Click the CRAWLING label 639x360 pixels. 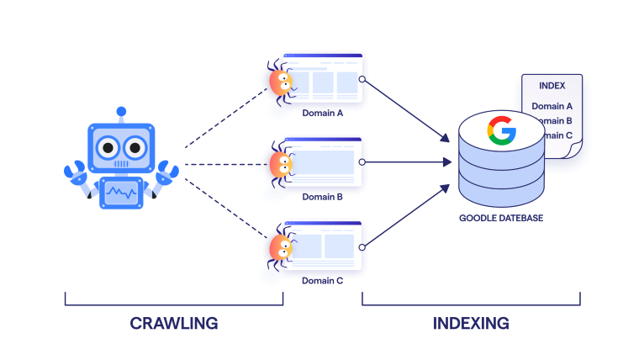[x=173, y=323]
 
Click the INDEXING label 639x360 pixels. [x=471, y=323]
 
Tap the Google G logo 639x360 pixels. [x=501, y=132]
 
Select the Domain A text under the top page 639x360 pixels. [x=322, y=113]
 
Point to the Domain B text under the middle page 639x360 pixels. [x=322, y=197]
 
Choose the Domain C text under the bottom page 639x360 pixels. [x=322, y=281]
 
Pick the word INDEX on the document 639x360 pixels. [x=552, y=86]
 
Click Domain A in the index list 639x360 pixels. [x=552, y=107]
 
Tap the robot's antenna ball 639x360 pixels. [x=122, y=110]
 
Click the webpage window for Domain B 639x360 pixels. [x=324, y=162]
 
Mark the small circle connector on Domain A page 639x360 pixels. [x=362, y=79]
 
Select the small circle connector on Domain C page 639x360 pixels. [x=362, y=246]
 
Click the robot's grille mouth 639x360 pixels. [x=122, y=165]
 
